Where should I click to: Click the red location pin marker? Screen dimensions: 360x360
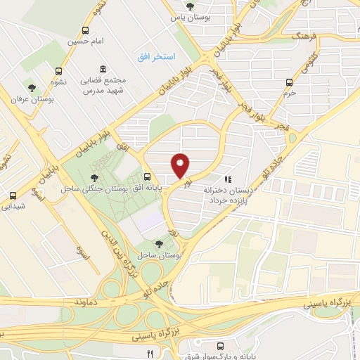[181, 165]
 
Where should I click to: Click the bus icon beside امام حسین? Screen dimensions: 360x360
[86, 30]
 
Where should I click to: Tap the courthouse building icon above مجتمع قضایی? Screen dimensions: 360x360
[103, 68]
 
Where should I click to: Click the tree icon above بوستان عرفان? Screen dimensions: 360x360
[31, 88]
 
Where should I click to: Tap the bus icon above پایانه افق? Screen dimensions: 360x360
[147, 176]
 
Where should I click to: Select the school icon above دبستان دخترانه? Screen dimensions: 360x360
[226, 179]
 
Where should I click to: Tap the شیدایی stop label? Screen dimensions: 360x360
[14, 205]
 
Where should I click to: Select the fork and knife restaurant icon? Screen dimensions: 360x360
[150, 352]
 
